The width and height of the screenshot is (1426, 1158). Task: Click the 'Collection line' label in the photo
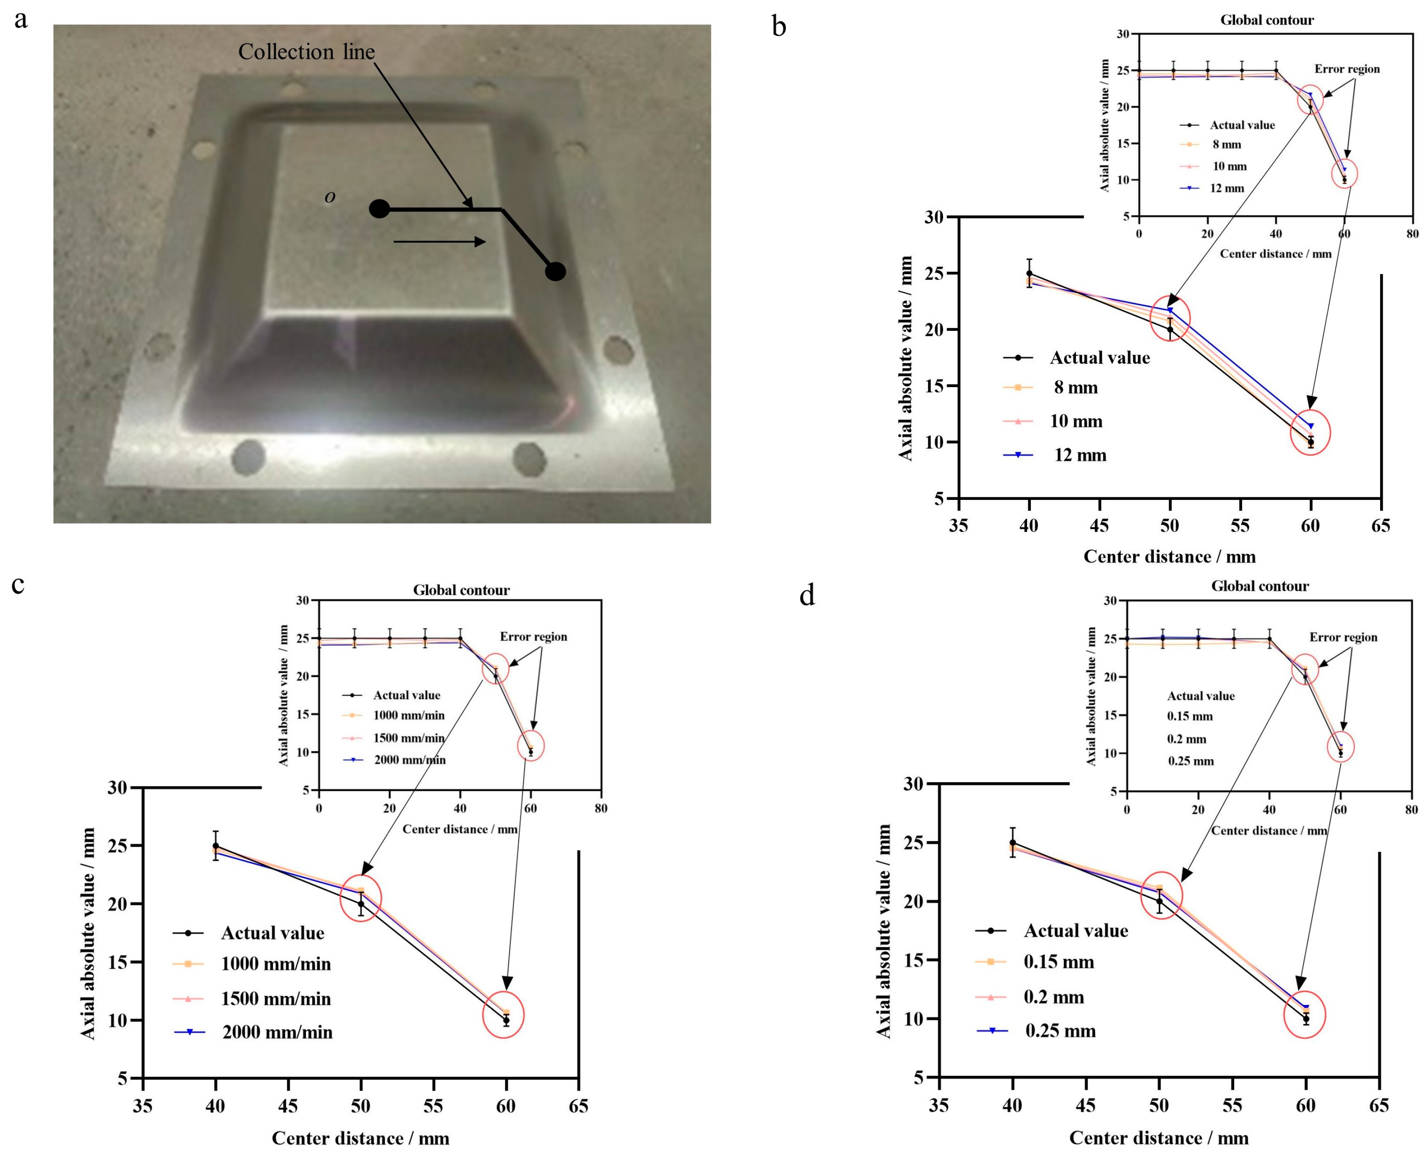(x=306, y=52)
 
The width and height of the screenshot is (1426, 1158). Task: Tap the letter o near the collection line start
(x=330, y=197)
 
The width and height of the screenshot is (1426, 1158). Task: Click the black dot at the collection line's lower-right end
(x=555, y=271)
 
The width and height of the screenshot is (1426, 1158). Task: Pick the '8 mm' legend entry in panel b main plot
(x=1075, y=388)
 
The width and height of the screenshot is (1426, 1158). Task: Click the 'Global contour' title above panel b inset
(x=1266, y=20)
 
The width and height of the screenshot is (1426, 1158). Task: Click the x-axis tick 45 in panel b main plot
(x=1099, y=526)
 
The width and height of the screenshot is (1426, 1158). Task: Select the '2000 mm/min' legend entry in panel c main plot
(x=277, y=1033)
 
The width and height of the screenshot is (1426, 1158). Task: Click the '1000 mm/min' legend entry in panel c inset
(x=408, y=715)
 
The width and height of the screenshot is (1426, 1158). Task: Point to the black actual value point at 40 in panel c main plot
(x=215, y=846)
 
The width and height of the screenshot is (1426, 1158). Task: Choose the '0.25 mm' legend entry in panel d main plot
(x=1060, y=1031)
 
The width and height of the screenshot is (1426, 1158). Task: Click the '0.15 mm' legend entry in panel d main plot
(x=1058, y=962)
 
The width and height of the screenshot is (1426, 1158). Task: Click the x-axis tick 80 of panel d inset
(x=1411, y=810)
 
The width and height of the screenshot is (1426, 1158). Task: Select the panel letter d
(x=807, y=596)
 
